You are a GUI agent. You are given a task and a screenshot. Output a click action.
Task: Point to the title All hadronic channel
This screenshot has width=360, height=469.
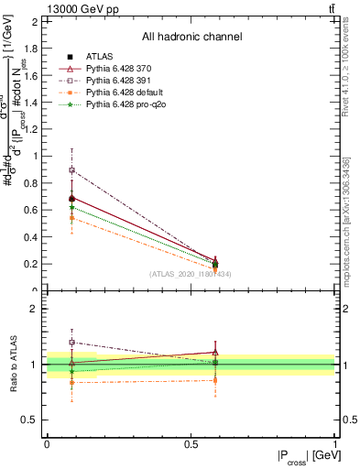coord(191,37)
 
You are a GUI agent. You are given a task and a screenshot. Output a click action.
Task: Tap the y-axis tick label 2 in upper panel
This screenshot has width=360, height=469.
coord(36,20)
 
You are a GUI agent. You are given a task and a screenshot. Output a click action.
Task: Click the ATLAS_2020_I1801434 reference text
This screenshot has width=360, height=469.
coord(191,274)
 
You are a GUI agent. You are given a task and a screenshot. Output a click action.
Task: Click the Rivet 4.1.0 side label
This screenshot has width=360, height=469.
coord(346,69)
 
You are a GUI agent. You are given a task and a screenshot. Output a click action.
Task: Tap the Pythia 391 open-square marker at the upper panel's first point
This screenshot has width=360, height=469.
coord(71,170)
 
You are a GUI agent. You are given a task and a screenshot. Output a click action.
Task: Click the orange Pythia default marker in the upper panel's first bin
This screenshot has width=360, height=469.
coord(71,218)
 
